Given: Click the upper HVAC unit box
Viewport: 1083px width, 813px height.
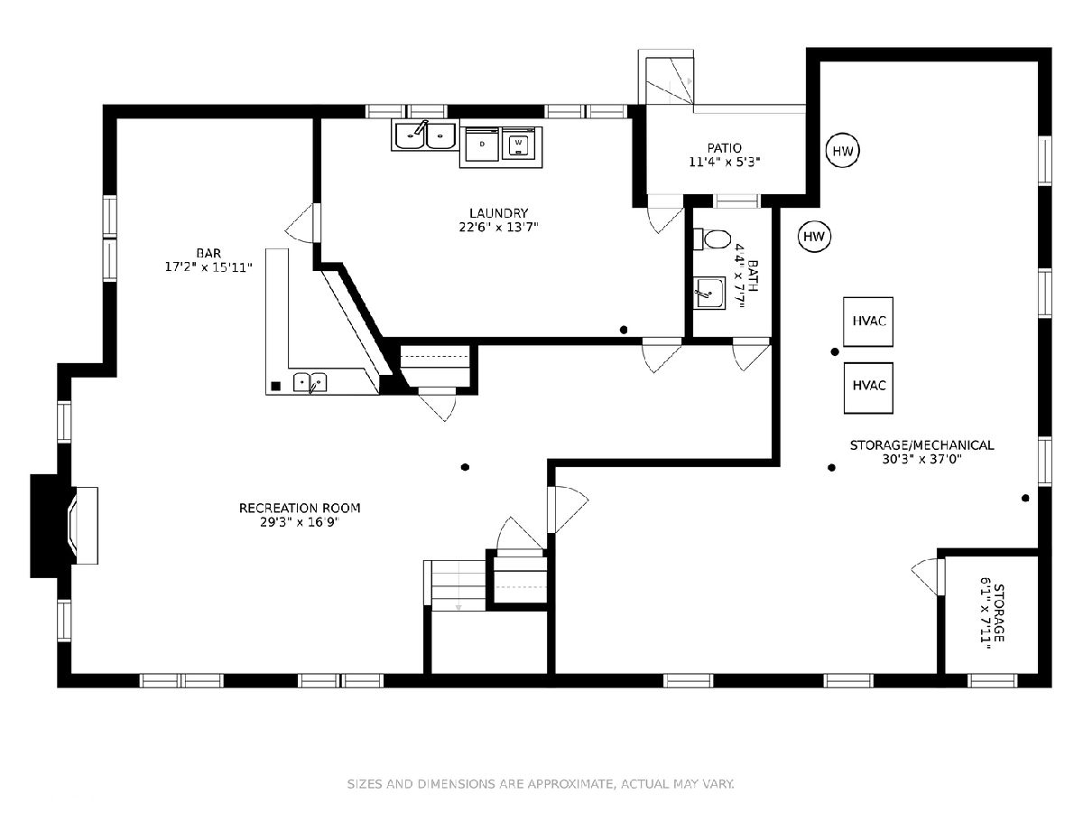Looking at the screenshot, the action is click(x=868, y=322).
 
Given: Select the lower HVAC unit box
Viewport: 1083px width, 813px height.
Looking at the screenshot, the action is click(x=868, y=388).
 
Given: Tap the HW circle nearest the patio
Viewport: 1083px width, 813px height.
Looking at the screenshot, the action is click(x=843, y=151).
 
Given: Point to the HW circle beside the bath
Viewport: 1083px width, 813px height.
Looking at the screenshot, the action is click(x=814, y=237).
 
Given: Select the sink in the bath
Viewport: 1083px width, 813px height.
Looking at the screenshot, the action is click(x=709, y=294).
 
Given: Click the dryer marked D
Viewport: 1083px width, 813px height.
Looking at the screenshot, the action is click(x=482, y=145).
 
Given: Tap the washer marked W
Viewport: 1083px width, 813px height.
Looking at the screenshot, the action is click(x=518, y=145).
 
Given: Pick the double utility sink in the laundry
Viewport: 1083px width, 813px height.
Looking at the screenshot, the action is click(x=424, y=135).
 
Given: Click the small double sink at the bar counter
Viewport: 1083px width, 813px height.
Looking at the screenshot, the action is click(x=310, y=382).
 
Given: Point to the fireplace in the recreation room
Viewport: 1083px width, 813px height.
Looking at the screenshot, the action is click(x=64, y=526).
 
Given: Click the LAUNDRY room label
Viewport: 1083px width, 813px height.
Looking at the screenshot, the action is click(x=498, y=213).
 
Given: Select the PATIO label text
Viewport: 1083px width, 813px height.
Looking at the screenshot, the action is click(x=725, y=148).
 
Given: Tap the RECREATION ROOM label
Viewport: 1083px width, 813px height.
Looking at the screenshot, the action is click(x=300, y=508).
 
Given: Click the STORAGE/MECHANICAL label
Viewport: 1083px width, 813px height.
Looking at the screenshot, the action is click(x=921, y=445).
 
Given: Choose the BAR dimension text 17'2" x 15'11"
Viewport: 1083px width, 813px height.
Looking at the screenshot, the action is click(x=208, y=267).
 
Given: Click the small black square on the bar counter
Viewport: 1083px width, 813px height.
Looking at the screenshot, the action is click(x=276, y=386).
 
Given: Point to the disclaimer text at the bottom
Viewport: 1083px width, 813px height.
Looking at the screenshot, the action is click(x=541, y=784).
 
